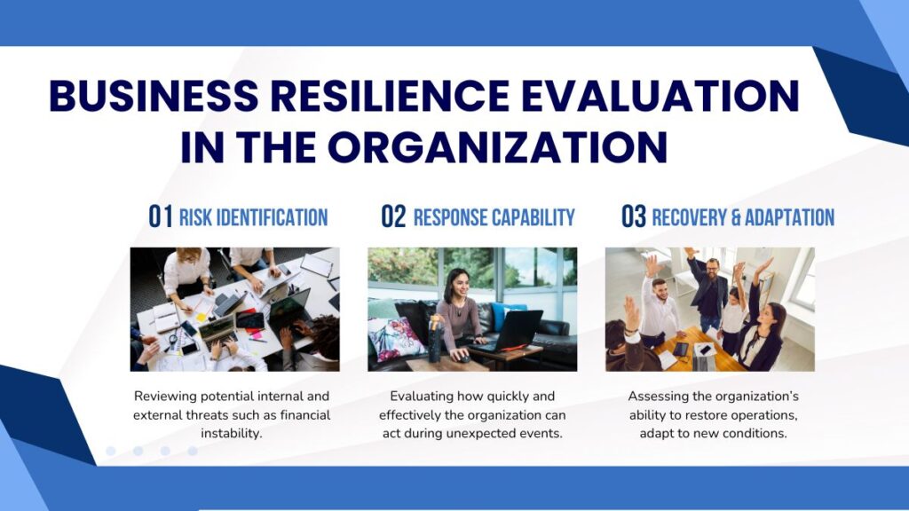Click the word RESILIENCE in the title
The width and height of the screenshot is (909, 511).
[x=390, y=95]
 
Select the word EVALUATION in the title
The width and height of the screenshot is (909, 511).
[x=660, y=95]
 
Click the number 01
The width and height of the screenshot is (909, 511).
[x=161, y=216]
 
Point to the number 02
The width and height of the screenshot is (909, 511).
[x=393, y=216]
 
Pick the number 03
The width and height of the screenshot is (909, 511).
[x=634, y=216]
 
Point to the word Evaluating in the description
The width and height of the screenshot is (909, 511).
[x=422, y=397]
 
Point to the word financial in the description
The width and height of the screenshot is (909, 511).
[x=305, y=415]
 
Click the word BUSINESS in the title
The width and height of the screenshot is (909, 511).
[x=154, y=95]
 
